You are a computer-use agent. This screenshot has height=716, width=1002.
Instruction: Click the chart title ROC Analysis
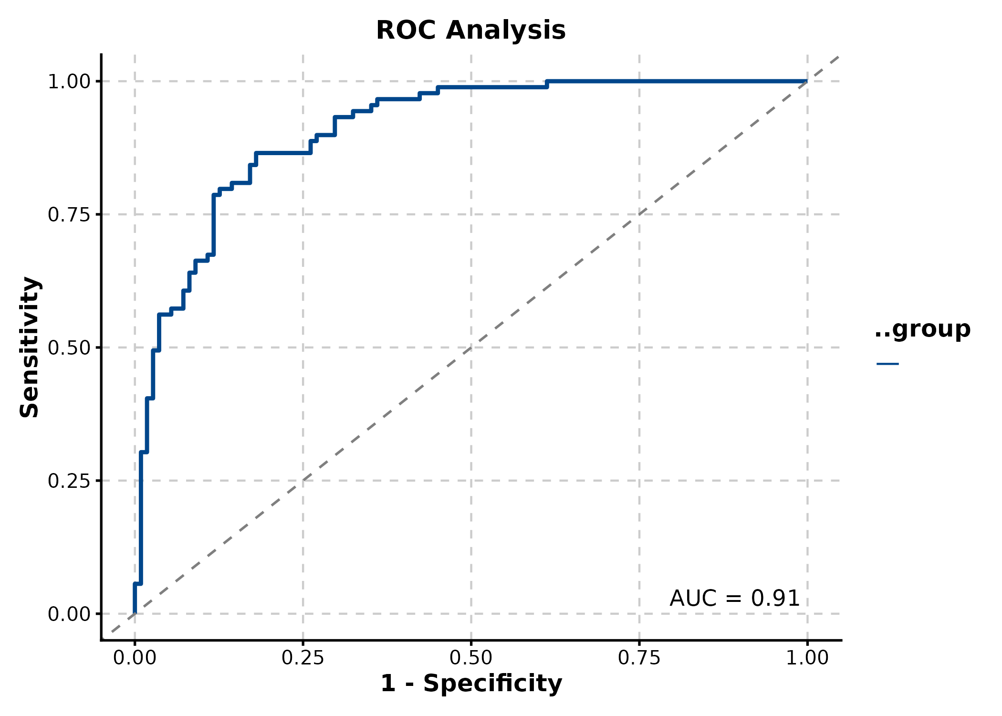click(470, 31)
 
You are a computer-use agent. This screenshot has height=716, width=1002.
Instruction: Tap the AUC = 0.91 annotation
click(734, 599)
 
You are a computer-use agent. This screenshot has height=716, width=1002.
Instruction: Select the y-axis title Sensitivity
click(30, 347)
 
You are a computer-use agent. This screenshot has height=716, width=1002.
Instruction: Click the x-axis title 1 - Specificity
click(471, 683)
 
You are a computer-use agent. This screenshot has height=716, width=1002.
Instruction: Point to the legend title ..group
click(922, 329)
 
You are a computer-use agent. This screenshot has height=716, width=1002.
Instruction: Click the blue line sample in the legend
click(887, 364)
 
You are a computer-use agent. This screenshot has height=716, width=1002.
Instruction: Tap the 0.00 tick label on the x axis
click(135, 658)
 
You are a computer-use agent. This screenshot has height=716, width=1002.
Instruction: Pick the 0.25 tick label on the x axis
click(303, 658)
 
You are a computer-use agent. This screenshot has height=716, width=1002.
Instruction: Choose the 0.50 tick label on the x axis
click(471, 658)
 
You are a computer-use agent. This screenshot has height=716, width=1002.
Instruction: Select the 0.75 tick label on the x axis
click(639, 658)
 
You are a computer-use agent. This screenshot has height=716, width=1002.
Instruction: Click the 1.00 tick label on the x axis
click(807, 658)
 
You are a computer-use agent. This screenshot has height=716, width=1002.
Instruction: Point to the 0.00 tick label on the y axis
click(69, 614)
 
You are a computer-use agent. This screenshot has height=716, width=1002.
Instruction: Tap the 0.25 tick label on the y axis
click(69, 481)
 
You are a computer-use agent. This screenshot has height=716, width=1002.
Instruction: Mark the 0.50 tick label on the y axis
click(69, 348)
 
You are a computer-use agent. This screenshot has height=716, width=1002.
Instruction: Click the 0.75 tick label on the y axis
click(69, 215)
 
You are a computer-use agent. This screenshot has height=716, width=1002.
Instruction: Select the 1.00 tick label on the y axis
click(69, 82)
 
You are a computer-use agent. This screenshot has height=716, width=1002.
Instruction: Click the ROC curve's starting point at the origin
click(135, 613)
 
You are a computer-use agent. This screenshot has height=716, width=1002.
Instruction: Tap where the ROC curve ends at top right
click(807, 81)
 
